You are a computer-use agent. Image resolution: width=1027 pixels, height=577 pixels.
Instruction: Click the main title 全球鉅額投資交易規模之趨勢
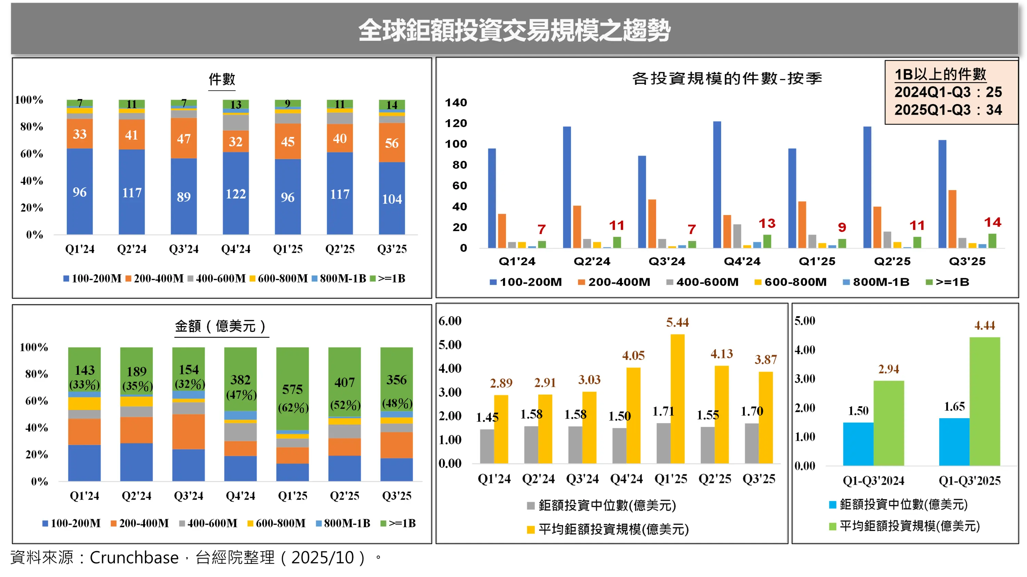click(x=514, y=30)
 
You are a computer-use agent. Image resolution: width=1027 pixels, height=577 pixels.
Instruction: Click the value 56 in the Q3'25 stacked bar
click(x=391, y=143)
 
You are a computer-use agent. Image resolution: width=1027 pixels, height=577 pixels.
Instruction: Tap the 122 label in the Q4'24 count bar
click(x=236, y=194)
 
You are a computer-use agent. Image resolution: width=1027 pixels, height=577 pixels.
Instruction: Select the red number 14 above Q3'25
click(x=992, y=222)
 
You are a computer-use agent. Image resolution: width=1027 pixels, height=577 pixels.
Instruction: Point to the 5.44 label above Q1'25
click(x=677, y=322)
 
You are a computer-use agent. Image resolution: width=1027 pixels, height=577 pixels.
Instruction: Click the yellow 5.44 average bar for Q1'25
click(x=677, y=398)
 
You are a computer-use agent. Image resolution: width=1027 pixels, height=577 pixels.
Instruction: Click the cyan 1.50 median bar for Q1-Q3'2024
click(x=858, y=444)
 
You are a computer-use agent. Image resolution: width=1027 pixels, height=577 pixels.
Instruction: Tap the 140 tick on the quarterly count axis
click(x=456, y=103)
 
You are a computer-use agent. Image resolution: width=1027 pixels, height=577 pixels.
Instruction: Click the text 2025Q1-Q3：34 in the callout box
click(x=948, y=110)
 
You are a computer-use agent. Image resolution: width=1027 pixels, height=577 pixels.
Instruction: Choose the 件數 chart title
click(x=222, y=79)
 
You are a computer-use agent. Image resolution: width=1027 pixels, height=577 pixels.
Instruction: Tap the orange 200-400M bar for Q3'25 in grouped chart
click(x=952, y=219)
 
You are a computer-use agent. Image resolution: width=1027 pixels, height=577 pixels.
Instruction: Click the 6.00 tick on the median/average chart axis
click(x=450, y=321)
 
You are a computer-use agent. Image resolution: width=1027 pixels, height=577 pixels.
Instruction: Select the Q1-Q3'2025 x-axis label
click(x=969, y=480)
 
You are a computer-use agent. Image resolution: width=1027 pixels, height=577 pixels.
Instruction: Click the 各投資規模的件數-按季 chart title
click(x=726, y=78)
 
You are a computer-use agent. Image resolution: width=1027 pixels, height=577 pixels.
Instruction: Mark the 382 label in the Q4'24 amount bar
click(x=240, y=380)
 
